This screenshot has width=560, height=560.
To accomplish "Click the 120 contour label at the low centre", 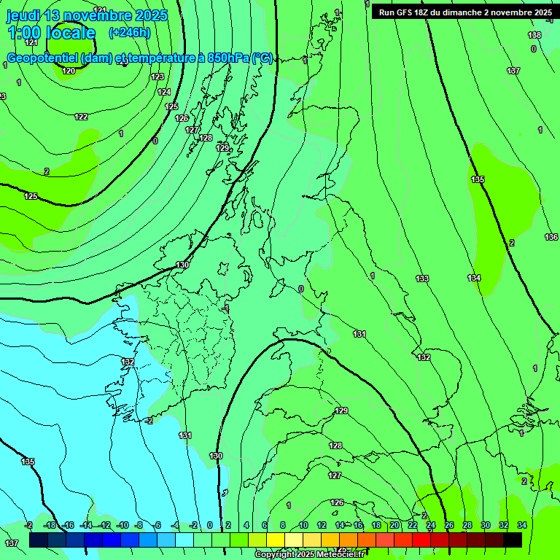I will (69, 71).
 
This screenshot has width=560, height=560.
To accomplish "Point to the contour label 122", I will (81, 117).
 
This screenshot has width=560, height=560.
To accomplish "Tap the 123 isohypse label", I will (157, 77).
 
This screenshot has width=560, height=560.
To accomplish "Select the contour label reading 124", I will (164, 92).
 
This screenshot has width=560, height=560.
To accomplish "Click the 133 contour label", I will (422, 279).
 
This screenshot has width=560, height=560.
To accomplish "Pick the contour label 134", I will (474, 278).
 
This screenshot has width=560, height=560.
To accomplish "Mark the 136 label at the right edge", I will (551, 237).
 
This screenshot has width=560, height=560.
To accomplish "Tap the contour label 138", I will (534, 35).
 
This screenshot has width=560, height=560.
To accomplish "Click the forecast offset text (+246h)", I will (129, 32).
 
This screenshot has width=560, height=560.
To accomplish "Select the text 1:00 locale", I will (51, 33).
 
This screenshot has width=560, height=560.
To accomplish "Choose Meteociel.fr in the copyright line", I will (341, 555).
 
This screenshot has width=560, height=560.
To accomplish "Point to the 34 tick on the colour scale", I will (522, 525).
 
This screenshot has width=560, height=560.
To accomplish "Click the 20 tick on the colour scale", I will (394, 525).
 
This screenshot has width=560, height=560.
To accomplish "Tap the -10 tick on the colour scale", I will (122, 525).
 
